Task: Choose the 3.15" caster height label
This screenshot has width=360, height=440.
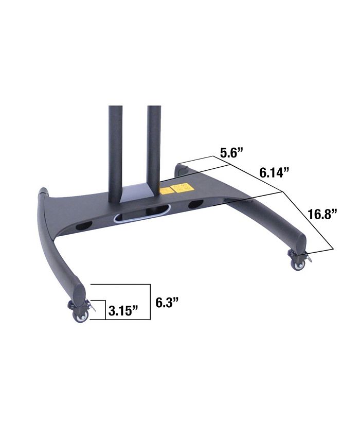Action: point(123,310)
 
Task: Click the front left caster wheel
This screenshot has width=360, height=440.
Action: point(80,316)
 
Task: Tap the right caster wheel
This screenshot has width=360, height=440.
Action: point(298,265)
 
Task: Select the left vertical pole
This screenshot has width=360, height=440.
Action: point(115,149)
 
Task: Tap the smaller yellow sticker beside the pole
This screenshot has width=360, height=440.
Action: point(165,191)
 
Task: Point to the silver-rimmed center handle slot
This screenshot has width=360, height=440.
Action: point(142,213)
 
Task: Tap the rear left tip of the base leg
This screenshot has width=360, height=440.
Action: point(43,192)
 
